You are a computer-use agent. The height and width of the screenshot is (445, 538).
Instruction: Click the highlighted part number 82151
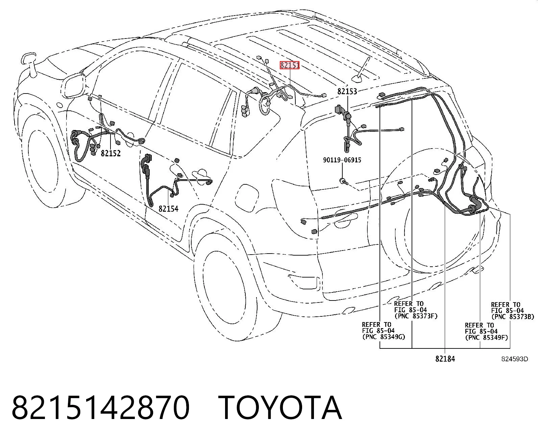click(290, 65)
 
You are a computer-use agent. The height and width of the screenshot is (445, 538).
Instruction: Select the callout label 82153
click(347, 91)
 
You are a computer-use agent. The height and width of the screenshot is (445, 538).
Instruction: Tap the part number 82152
click(111, 154)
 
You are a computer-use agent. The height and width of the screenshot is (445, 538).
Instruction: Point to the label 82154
click(168, 209)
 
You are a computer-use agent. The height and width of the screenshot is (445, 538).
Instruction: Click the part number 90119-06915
click(342, 160)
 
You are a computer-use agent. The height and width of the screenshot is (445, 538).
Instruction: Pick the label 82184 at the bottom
click(445, 359)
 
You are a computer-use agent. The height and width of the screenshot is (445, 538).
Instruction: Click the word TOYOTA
click(282, 408)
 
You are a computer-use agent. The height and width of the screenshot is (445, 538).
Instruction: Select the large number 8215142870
click(100, 408)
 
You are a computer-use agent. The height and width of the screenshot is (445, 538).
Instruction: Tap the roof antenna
click(362, 71)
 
